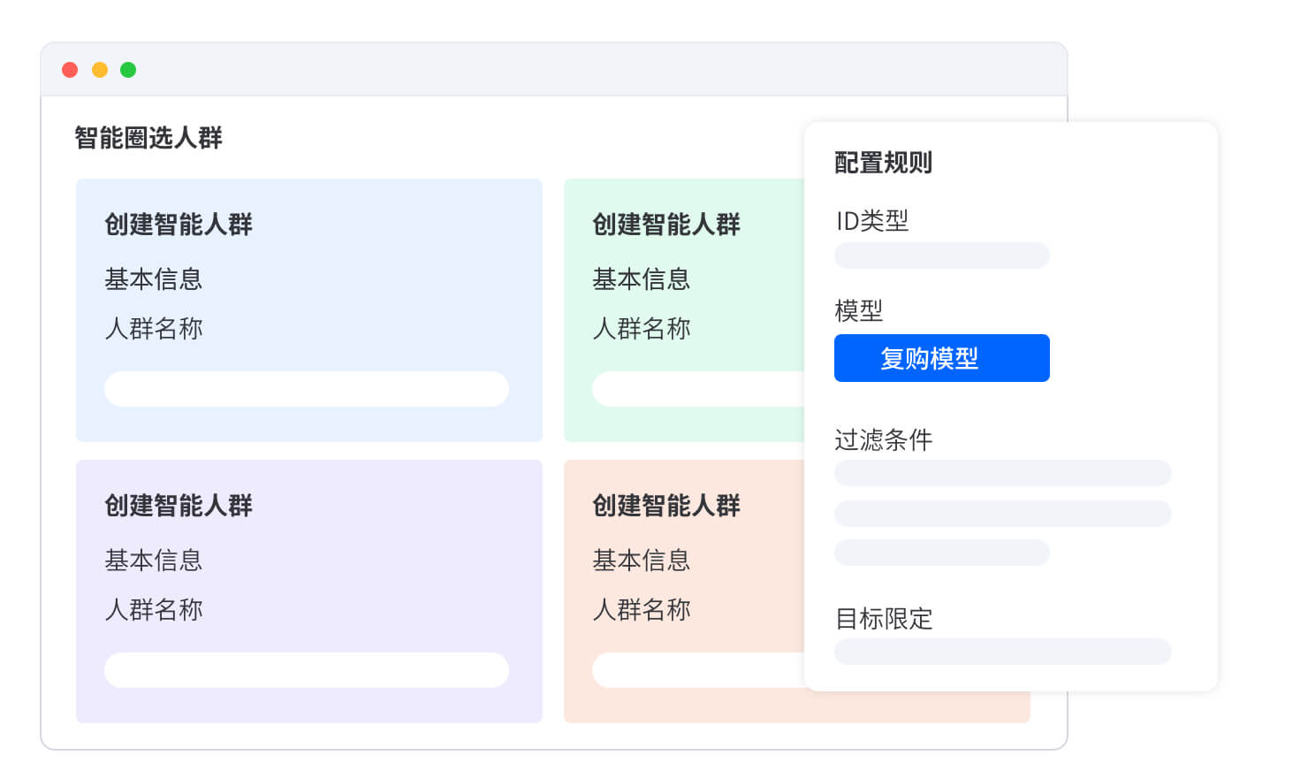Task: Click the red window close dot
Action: (x=70, y=70)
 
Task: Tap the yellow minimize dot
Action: (x=100, y=70)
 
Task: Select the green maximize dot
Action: (x=128, y=70)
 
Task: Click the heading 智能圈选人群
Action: (x=148, y=138)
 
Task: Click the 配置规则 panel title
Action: (x=883, y=163)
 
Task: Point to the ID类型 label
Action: (x=871, y=221)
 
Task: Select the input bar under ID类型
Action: (x=942, y=256)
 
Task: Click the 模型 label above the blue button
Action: (x=858, y=310)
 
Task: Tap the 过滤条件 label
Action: (x=883, y=439)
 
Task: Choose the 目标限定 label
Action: (x=884, y=619)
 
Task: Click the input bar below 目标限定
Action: (x=1002, y=652)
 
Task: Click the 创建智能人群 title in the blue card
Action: (x=179, y=225)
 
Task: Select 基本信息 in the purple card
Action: (x=154, y=561)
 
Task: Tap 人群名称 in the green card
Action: (x=641, y=328)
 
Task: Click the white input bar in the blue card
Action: (x=307, y=389)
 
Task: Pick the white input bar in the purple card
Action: (x=307, y=670)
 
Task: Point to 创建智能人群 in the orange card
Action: (x=666, y=505)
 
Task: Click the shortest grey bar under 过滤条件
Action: (x=942, y=553)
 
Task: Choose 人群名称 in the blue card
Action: (x=154, y=328)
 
